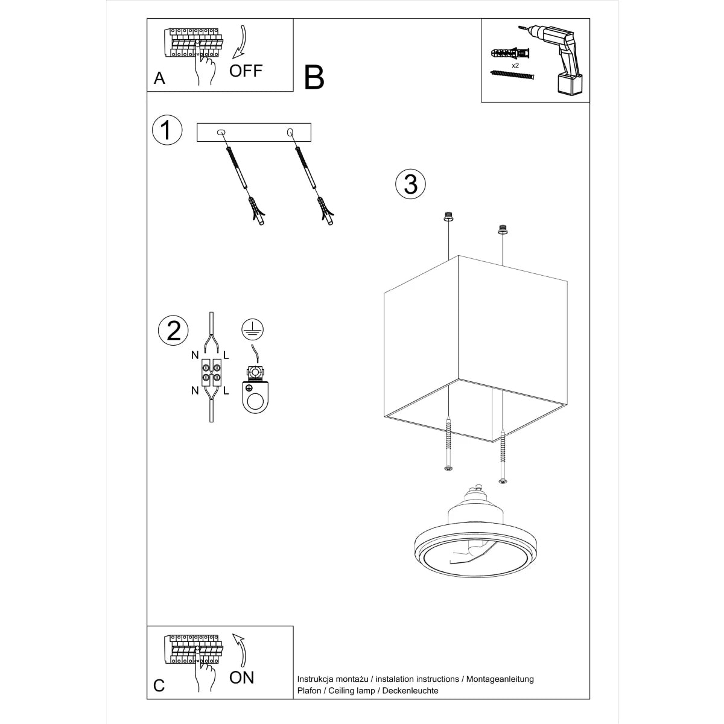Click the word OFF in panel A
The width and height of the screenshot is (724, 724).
[246, 71]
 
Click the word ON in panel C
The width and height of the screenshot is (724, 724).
[242, 677]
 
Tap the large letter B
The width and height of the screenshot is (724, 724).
[314, 77]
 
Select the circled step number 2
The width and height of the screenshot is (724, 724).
[173, 330]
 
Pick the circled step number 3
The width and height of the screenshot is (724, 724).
[410, 183]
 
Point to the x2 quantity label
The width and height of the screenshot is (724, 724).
[515, 65]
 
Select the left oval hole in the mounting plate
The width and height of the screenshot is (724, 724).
[221, 132]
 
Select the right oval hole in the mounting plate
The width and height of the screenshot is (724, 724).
[290, 132]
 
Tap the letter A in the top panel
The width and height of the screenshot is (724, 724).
[159, 78]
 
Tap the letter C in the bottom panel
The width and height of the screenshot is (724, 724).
[159, 685]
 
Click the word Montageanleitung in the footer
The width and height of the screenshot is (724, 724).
[499, 679]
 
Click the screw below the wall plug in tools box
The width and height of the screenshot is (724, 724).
[513, 75]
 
